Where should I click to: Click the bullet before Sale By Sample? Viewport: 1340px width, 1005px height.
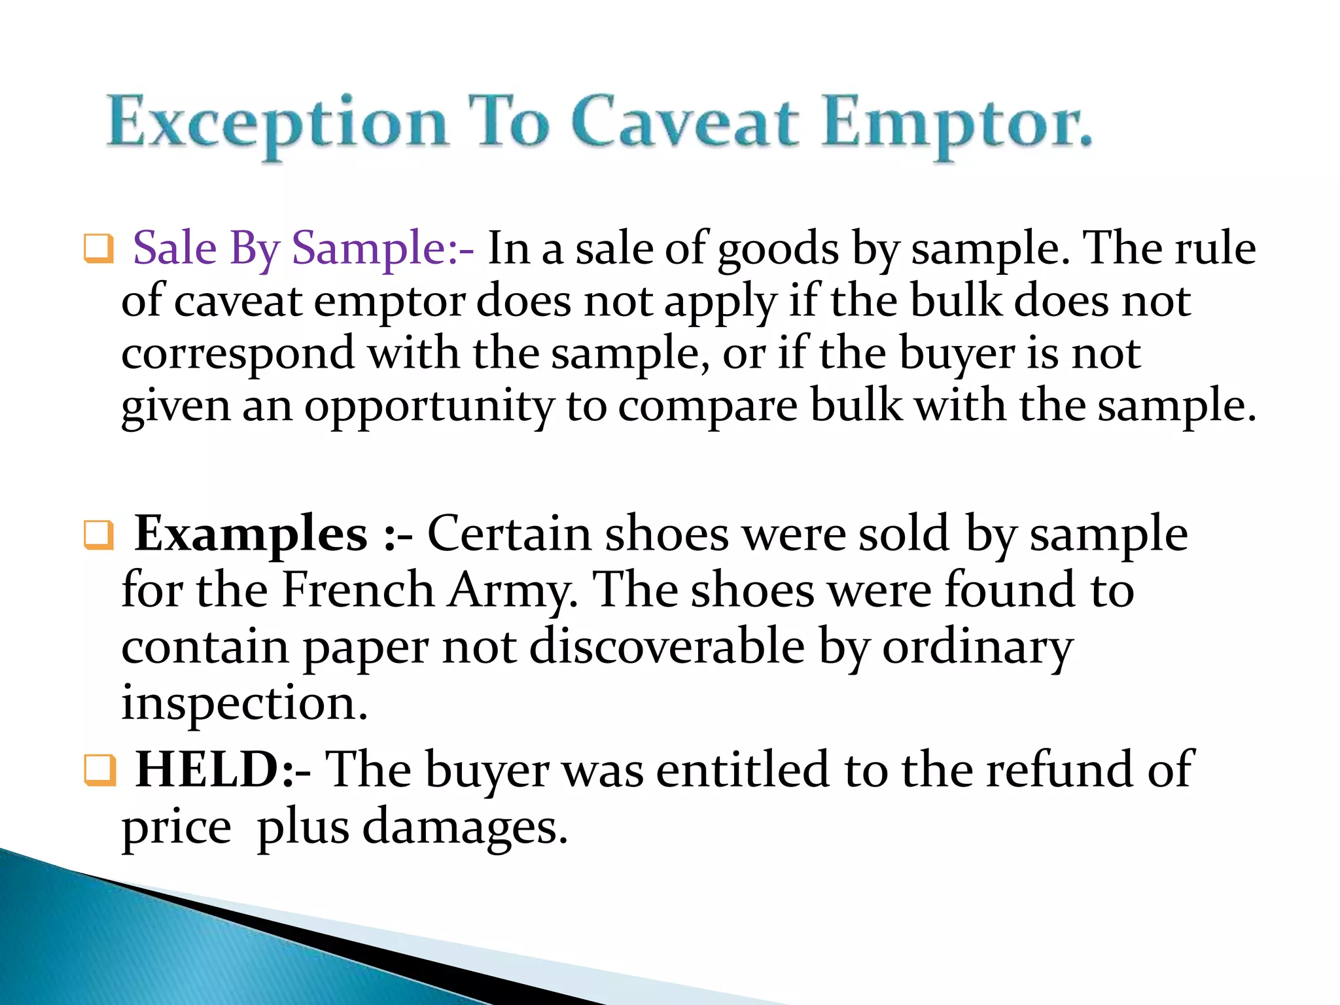click(99, 249)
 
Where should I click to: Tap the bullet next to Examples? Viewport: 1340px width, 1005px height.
click(99, 535)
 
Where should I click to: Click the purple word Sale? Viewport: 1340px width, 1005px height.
click(174, 249)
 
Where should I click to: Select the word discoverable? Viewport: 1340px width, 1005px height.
click(667, 646)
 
